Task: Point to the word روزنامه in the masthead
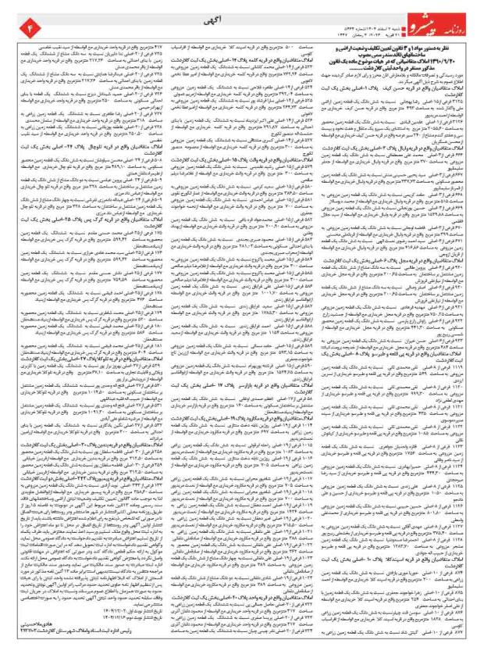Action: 462,16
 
